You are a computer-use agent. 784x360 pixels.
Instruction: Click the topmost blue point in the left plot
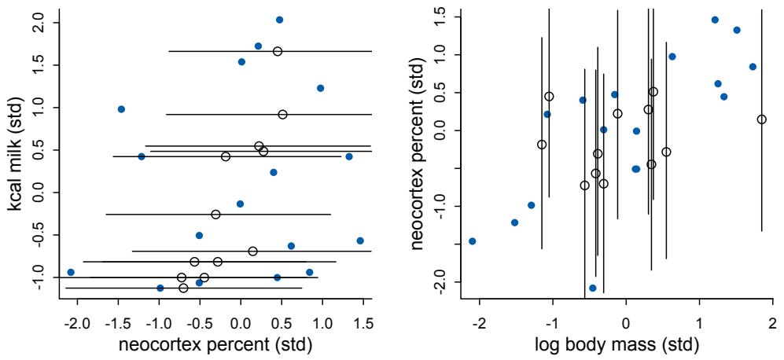pyautogui.click(x=279, y=20)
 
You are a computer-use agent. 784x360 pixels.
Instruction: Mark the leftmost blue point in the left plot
pyautogui.click(x=71, y=272)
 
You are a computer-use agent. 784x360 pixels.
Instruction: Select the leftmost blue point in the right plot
pyautogui.click(x=472, y=241)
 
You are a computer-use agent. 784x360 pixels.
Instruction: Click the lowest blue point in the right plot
pyautogui.click(x=592, y=288)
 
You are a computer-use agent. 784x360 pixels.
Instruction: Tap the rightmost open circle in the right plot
pyautogui.click(x=761, y=119)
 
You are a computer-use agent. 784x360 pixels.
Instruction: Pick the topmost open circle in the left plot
pyautogui.click(x=278, y=51)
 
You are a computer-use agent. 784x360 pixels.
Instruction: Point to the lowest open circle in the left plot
pyautogui.click(x=183, y=288)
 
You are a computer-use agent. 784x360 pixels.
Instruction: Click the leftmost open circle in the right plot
pyautogui.click(x=541, y=145)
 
